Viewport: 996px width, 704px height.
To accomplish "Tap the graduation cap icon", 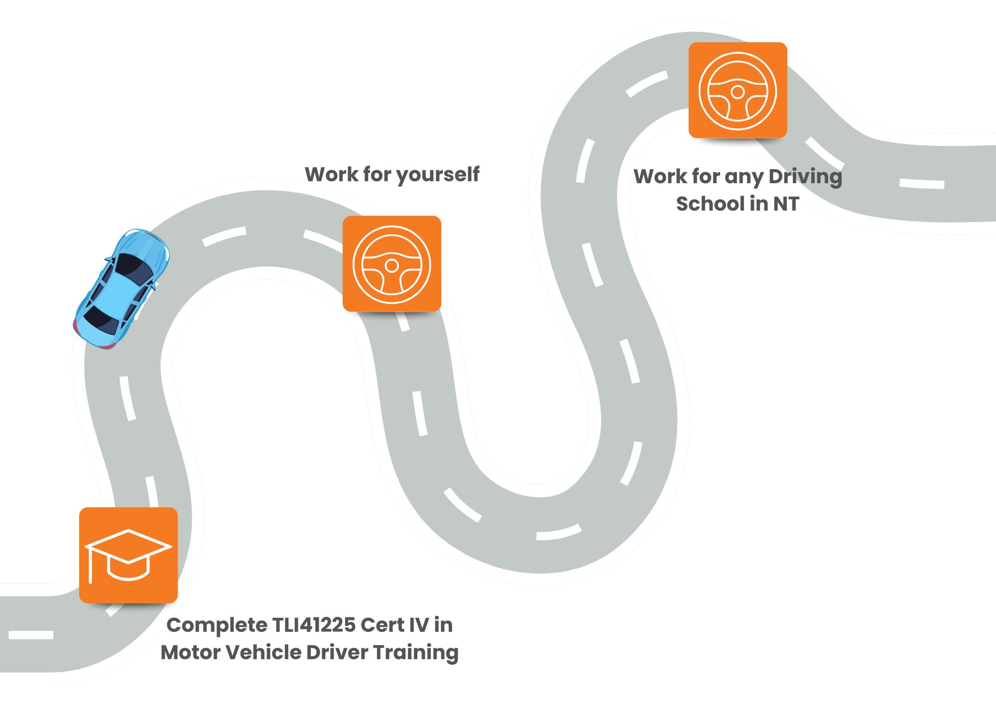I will coord(128,555).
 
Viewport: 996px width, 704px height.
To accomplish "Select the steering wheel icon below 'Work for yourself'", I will coord(392,264).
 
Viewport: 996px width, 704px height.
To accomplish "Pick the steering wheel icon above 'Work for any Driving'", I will coord(738,91).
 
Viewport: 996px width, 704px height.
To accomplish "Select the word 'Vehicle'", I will coord(262,652).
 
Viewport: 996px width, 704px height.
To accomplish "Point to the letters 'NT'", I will coord(786,204).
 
